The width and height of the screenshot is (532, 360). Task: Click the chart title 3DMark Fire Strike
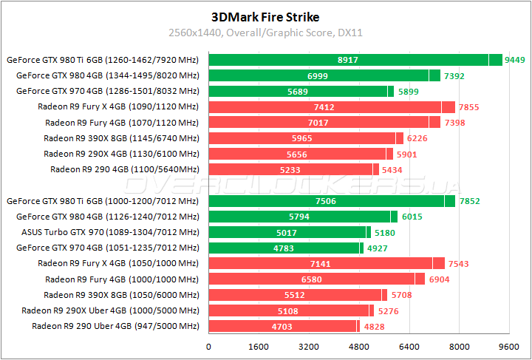(x=266, y=16)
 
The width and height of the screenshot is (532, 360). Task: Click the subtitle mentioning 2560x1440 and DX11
(x=266, y=33)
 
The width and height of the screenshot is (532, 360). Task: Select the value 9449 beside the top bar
(x=514, y=60)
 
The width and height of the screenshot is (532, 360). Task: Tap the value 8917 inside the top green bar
(x=348, y=60)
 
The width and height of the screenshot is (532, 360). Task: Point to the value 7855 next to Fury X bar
(x=468, y=107)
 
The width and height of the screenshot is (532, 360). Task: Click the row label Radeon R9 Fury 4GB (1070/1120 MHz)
(x=122, y=123)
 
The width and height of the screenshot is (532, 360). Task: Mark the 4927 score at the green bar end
(x=378, y=248)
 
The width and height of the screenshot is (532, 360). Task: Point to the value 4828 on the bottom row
(x=374, y=326)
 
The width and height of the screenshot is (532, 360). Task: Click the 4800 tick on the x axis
(x=359, y=346)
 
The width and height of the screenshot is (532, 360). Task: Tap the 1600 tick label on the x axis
(x=259, y=346)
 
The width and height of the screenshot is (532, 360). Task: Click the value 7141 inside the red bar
(x=318, y=263)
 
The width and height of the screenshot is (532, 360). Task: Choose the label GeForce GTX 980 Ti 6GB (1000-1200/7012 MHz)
(x=103, y=201)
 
